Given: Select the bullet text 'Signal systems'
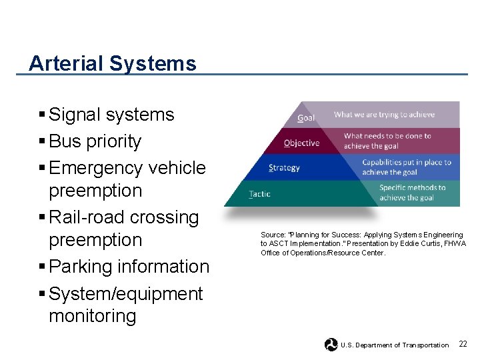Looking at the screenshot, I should (x=111, y=115).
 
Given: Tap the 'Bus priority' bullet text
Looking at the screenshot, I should (x=95, y=141).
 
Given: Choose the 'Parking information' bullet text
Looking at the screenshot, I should (x=129, y=267).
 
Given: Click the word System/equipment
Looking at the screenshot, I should (x=125, y=294).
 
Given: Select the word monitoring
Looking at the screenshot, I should (x=92, y=316).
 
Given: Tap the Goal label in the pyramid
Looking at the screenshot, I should (x=306, y=118).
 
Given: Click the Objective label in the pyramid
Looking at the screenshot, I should (x=301, y=143).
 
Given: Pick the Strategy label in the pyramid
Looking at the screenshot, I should (x=285, y=168).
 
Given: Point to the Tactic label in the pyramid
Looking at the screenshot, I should (x=259, y=194).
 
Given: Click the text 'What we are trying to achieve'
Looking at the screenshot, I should (x=384, y=115).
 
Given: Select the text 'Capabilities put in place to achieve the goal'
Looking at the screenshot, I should (x=406, y=167).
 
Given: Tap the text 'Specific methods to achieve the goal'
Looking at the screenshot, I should (x=412, y=192).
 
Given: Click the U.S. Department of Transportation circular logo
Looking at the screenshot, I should (x=331, y=345).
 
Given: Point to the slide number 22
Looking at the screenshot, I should (x=463, y=344).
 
